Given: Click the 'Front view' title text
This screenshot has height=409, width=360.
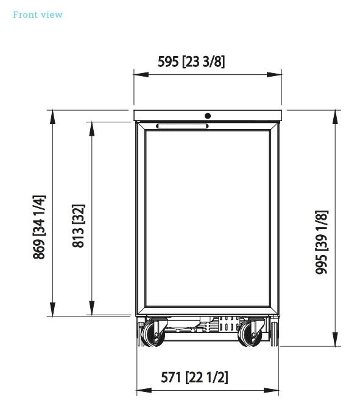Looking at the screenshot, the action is point(38,15).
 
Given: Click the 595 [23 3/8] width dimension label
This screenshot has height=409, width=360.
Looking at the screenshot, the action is point(191,61).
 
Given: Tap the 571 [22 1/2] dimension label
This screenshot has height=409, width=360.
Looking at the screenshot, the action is point(194,377).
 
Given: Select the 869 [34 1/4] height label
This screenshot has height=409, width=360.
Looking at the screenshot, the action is point(39,227).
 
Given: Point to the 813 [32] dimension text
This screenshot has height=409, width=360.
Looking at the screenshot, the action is point(79,226).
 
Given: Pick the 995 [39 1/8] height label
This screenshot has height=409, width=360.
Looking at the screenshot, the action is point(322,242).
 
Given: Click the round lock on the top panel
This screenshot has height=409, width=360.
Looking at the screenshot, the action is point(208,116).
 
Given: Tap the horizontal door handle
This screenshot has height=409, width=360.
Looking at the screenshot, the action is point(182,126).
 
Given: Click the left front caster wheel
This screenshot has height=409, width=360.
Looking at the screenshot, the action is point(153,334).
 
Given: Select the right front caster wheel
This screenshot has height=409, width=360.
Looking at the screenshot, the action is point(250,334).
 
